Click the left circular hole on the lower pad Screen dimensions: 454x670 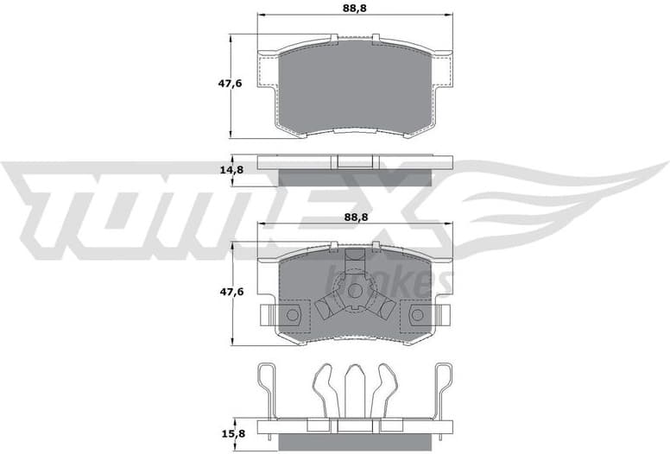click(292, 315)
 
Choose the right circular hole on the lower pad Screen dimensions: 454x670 click(418, 315)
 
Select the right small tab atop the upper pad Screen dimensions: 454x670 click(376, 37)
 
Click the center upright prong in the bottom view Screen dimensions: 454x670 click(355, 388)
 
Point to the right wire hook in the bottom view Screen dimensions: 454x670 click(444, 388)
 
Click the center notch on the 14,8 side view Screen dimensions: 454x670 click(355, 161)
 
